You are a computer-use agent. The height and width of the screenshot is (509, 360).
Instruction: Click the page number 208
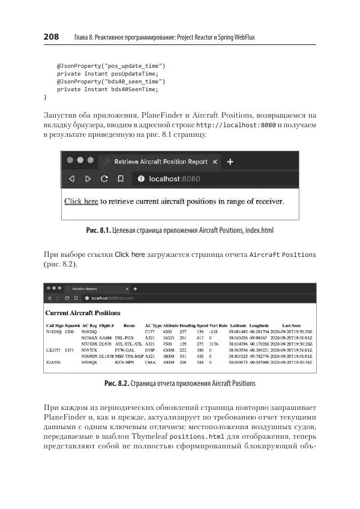(51, 37)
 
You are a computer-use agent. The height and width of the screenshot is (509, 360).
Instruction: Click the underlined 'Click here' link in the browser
(81, 201)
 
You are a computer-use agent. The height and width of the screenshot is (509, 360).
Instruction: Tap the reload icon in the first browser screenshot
(104, 178)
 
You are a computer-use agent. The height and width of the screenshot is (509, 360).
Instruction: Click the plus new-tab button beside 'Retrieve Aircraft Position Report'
(230, 161)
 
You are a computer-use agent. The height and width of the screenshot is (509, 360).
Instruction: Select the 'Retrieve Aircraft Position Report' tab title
(161, 161)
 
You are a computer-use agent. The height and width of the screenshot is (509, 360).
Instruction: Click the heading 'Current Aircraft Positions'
(83, 313)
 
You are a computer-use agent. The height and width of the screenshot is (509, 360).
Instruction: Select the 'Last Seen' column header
(292, 325)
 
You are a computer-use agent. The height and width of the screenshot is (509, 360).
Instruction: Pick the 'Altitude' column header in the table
(170, 325)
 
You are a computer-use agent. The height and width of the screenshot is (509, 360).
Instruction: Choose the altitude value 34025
(169, 338)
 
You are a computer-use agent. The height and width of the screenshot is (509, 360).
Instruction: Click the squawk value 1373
(70, 350)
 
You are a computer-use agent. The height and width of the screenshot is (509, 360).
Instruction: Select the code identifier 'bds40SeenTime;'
(136, 89)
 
